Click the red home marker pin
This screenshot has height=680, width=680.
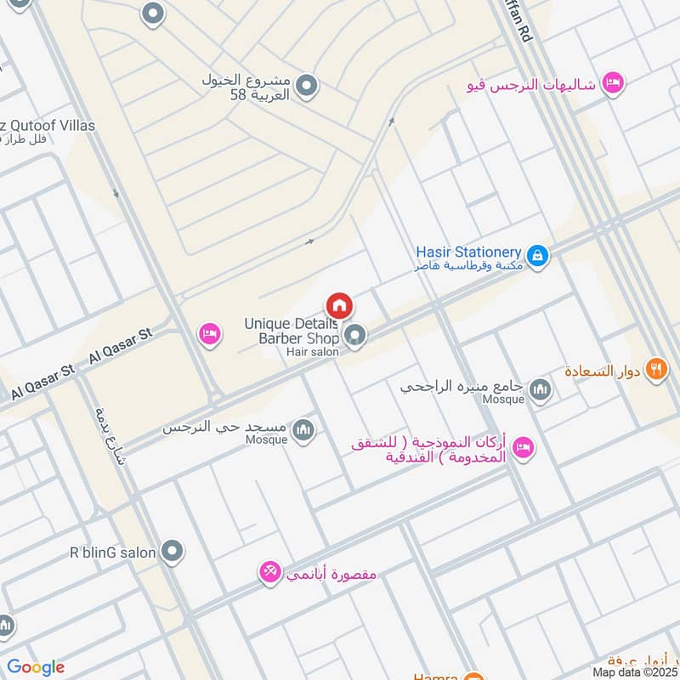[x=339, y=305]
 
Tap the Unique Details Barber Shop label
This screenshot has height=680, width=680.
[x=291, y=331]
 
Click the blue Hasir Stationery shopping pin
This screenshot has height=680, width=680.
[x=537, y=254]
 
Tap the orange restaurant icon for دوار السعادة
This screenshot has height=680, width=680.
[x=656, y=369]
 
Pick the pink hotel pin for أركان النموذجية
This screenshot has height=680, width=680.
[x=524, y=445]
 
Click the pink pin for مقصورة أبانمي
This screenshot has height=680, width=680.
[x=270, y=574]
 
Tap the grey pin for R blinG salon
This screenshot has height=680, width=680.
[x=173, y=552]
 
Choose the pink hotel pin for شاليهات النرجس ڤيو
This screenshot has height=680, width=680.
[x=612, y=82]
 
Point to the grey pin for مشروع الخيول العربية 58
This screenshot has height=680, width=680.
[x=308, y=85]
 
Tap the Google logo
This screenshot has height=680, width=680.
[x=36, y=667]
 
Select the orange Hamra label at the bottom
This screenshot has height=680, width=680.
[x=435, y=677]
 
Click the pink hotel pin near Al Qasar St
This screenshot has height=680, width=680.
[x=209, y=334]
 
